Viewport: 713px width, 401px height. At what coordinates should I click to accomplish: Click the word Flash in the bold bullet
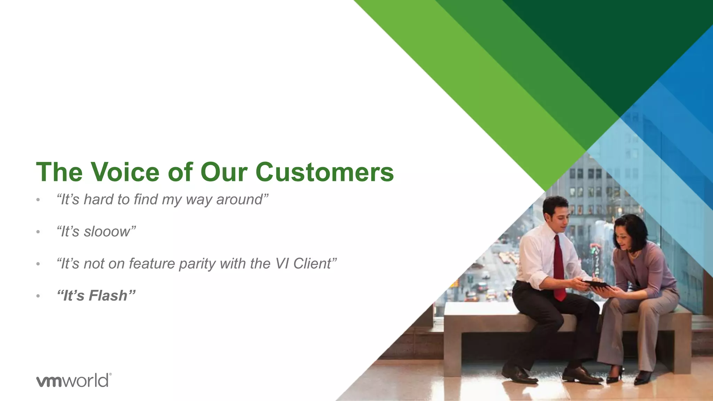(x=108, y=296)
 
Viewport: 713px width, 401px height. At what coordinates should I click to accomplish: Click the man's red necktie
(x=559, y=268)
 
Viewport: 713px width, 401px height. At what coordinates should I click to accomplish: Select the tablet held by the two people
(x=596, y=285)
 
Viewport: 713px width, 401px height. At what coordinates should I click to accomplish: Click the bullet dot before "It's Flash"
(x=38, y=296)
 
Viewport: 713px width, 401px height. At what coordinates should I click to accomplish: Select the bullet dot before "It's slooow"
(x=38, y=232)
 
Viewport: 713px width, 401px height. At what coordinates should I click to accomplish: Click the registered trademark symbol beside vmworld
(x=110, y=375)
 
